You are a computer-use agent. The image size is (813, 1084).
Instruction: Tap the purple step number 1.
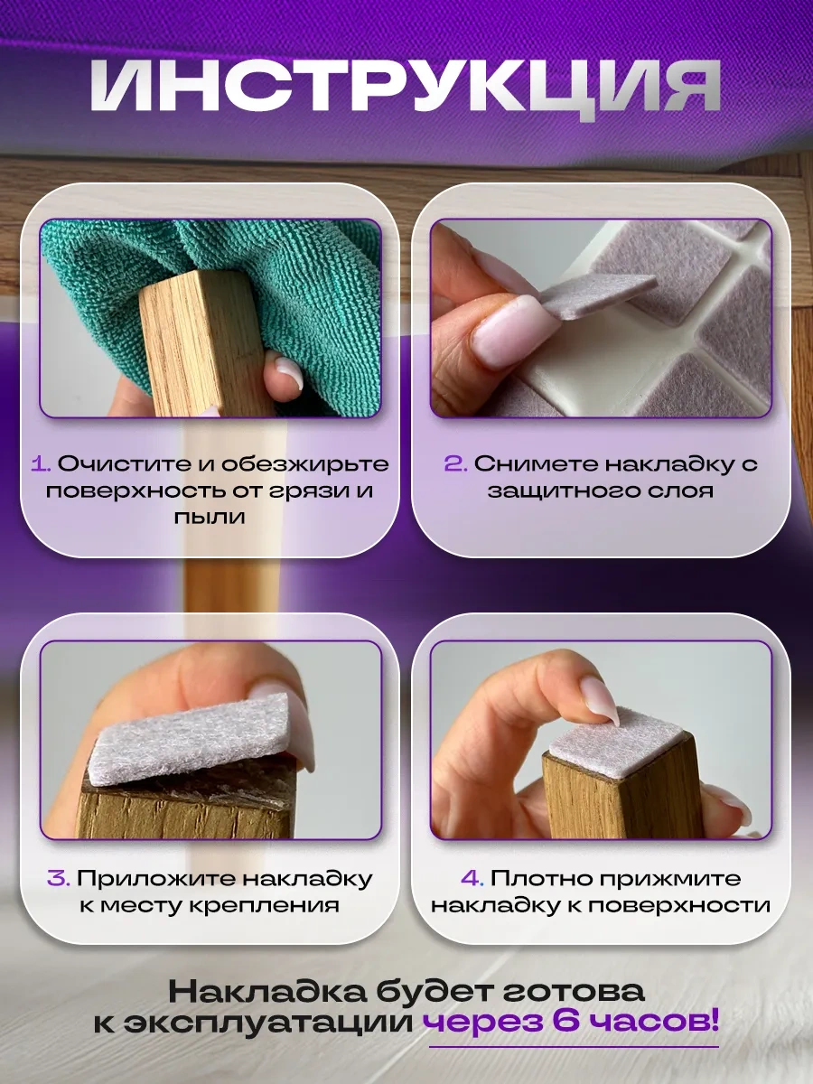41,464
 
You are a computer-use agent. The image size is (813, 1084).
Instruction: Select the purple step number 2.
455,464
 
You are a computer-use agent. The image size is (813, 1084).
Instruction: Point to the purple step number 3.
59,879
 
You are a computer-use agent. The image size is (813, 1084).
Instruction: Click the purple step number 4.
472,879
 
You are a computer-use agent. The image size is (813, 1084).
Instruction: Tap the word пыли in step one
210,517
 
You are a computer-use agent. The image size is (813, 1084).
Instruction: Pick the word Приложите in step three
154,879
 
